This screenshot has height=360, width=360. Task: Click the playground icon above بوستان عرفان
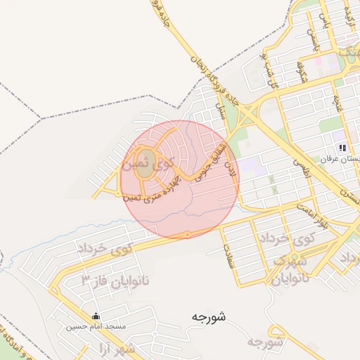coord(342,148)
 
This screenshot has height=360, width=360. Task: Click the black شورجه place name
coord(208,317)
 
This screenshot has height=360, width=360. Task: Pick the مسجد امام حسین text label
coord(96,327)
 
